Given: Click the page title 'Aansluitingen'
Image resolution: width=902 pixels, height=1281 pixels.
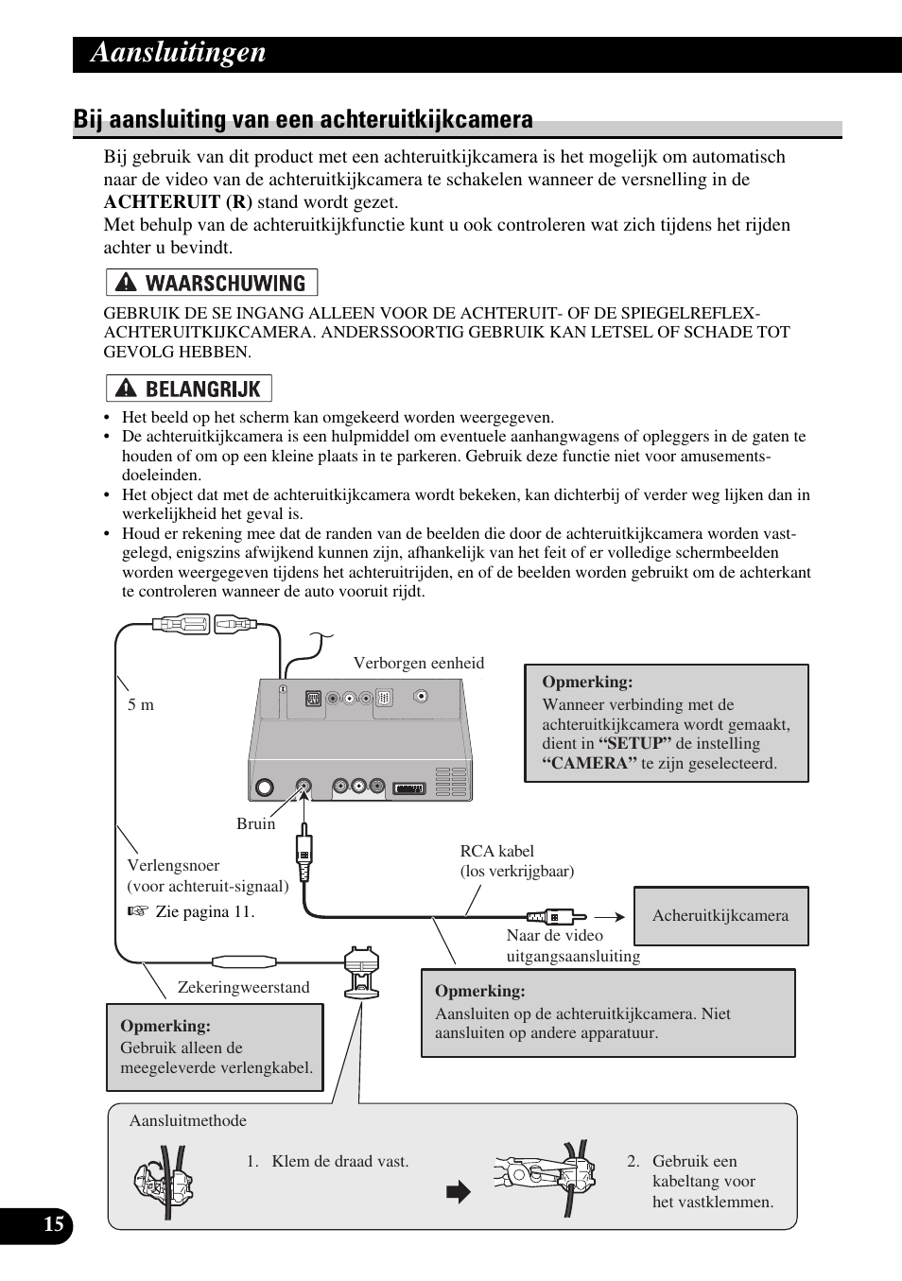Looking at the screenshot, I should (x=179, y=53).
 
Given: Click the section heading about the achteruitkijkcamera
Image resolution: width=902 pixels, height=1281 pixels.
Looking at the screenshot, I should (x=303, y=120).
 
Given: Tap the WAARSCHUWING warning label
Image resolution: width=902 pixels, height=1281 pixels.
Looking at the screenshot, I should (x=212, y=283).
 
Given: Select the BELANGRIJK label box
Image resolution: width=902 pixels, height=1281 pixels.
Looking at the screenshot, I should (x=189, y=389).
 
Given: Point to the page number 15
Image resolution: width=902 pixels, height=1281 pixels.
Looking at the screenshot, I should (x=54, y=1225).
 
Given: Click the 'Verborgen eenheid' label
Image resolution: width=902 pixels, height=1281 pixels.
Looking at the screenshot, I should (x=418, y=664).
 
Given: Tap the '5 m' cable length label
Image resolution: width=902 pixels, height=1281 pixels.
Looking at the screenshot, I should (x=141, y=705).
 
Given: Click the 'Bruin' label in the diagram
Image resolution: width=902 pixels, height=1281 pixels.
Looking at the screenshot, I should (x=255, y=823).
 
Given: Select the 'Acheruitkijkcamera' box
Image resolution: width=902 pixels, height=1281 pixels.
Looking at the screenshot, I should (x=720, y=915).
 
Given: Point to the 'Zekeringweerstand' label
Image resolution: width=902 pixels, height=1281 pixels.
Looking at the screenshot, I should (x=243, y=987).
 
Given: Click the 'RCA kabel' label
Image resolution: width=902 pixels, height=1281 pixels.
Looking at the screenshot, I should (x=496, y=851).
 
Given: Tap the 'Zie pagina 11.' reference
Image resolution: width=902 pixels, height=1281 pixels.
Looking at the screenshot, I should (x=204, y=911).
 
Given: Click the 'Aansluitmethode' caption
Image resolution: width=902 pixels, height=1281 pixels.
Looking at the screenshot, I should (x=187, y=1120).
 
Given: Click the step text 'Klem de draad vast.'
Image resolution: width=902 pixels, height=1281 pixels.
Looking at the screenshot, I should (x=339, y=1161).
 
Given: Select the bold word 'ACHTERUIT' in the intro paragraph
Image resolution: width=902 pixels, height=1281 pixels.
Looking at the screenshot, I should (x=147, y=202).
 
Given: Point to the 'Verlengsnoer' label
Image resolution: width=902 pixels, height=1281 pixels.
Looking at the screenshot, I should (x=173, y=865).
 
